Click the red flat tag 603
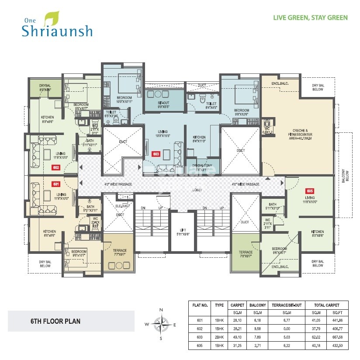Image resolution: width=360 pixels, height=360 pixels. coord(155,154)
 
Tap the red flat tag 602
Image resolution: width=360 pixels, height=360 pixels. coord(56,167)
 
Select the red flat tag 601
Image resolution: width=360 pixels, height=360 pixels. coord(56,184)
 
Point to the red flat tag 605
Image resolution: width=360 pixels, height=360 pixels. coord(310,191)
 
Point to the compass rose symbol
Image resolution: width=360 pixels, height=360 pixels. coord(161,324)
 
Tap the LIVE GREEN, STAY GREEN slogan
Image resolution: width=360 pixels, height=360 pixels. coord(310,18)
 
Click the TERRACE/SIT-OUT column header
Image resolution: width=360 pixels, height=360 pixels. coord(286,305)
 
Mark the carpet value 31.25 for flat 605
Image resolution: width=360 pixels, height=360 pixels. coord(237,347)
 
